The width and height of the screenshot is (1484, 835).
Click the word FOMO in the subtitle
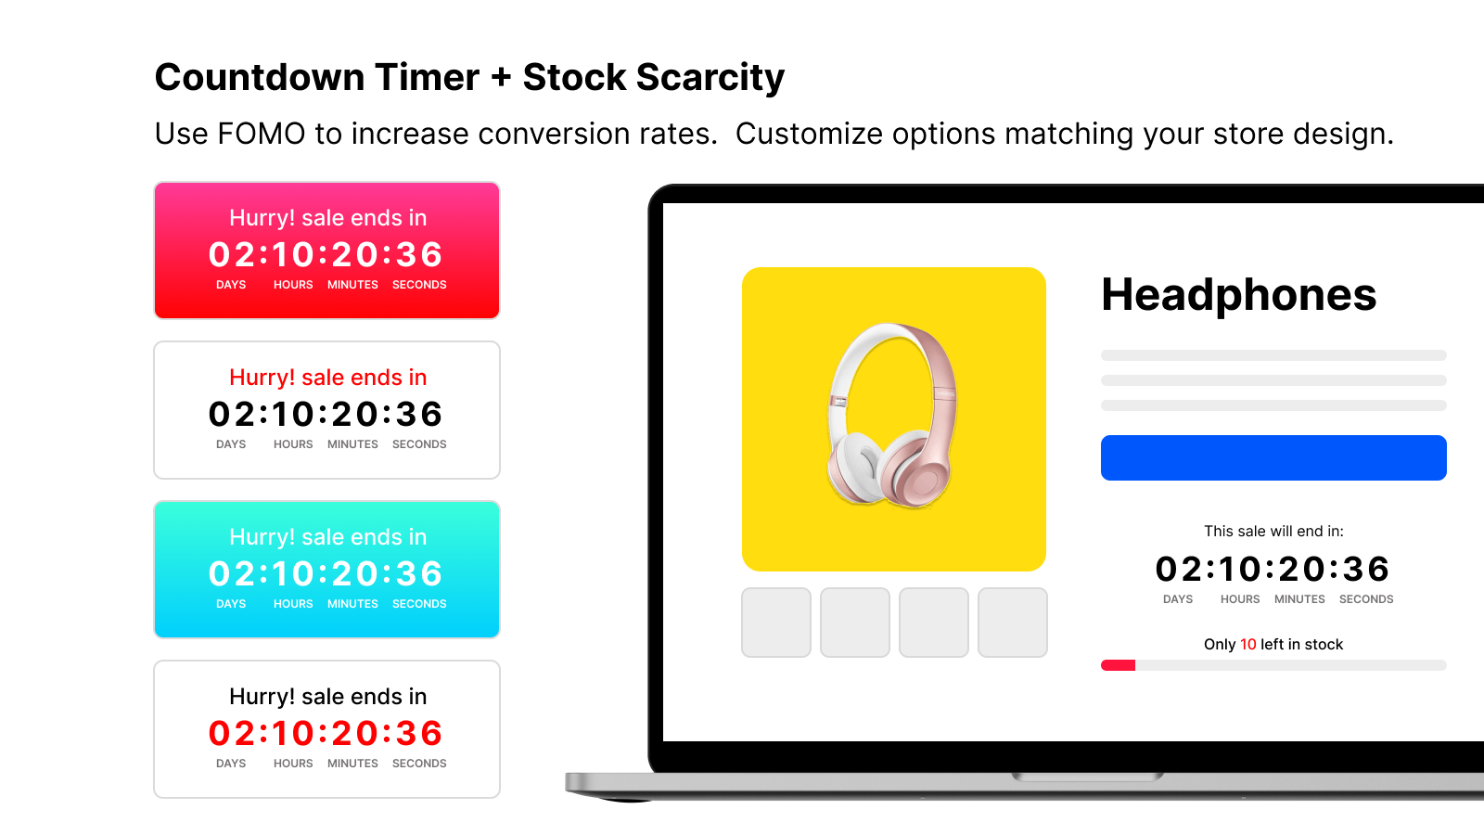pos(261,135)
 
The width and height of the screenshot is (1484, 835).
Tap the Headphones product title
pos(1238,295)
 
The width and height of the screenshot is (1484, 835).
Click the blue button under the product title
pos(1273,457)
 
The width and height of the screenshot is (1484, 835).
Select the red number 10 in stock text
pos(1247,645)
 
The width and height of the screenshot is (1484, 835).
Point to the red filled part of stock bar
pos(1118,665)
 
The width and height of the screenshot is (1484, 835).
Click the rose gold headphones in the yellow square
pos(891,415)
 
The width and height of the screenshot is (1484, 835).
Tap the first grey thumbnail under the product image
pos(776,623)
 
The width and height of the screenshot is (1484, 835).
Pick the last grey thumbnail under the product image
pos(1013,623)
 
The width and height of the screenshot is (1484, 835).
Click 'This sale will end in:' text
pos(1273,532)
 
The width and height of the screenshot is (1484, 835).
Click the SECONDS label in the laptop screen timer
pos(1365,599)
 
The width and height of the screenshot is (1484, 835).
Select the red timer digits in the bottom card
pos(326,734)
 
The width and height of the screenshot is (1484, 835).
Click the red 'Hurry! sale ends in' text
pos(327,378)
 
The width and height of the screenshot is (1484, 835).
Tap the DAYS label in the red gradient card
pos(231,285)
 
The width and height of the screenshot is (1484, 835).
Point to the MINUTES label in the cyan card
pos(352,604)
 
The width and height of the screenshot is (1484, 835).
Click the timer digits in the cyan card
pos(326,574)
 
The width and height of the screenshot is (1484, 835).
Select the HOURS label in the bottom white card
pos(293,764)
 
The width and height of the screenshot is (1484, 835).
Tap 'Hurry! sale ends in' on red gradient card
pos(327,218)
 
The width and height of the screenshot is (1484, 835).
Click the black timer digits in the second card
pos(326,415)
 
